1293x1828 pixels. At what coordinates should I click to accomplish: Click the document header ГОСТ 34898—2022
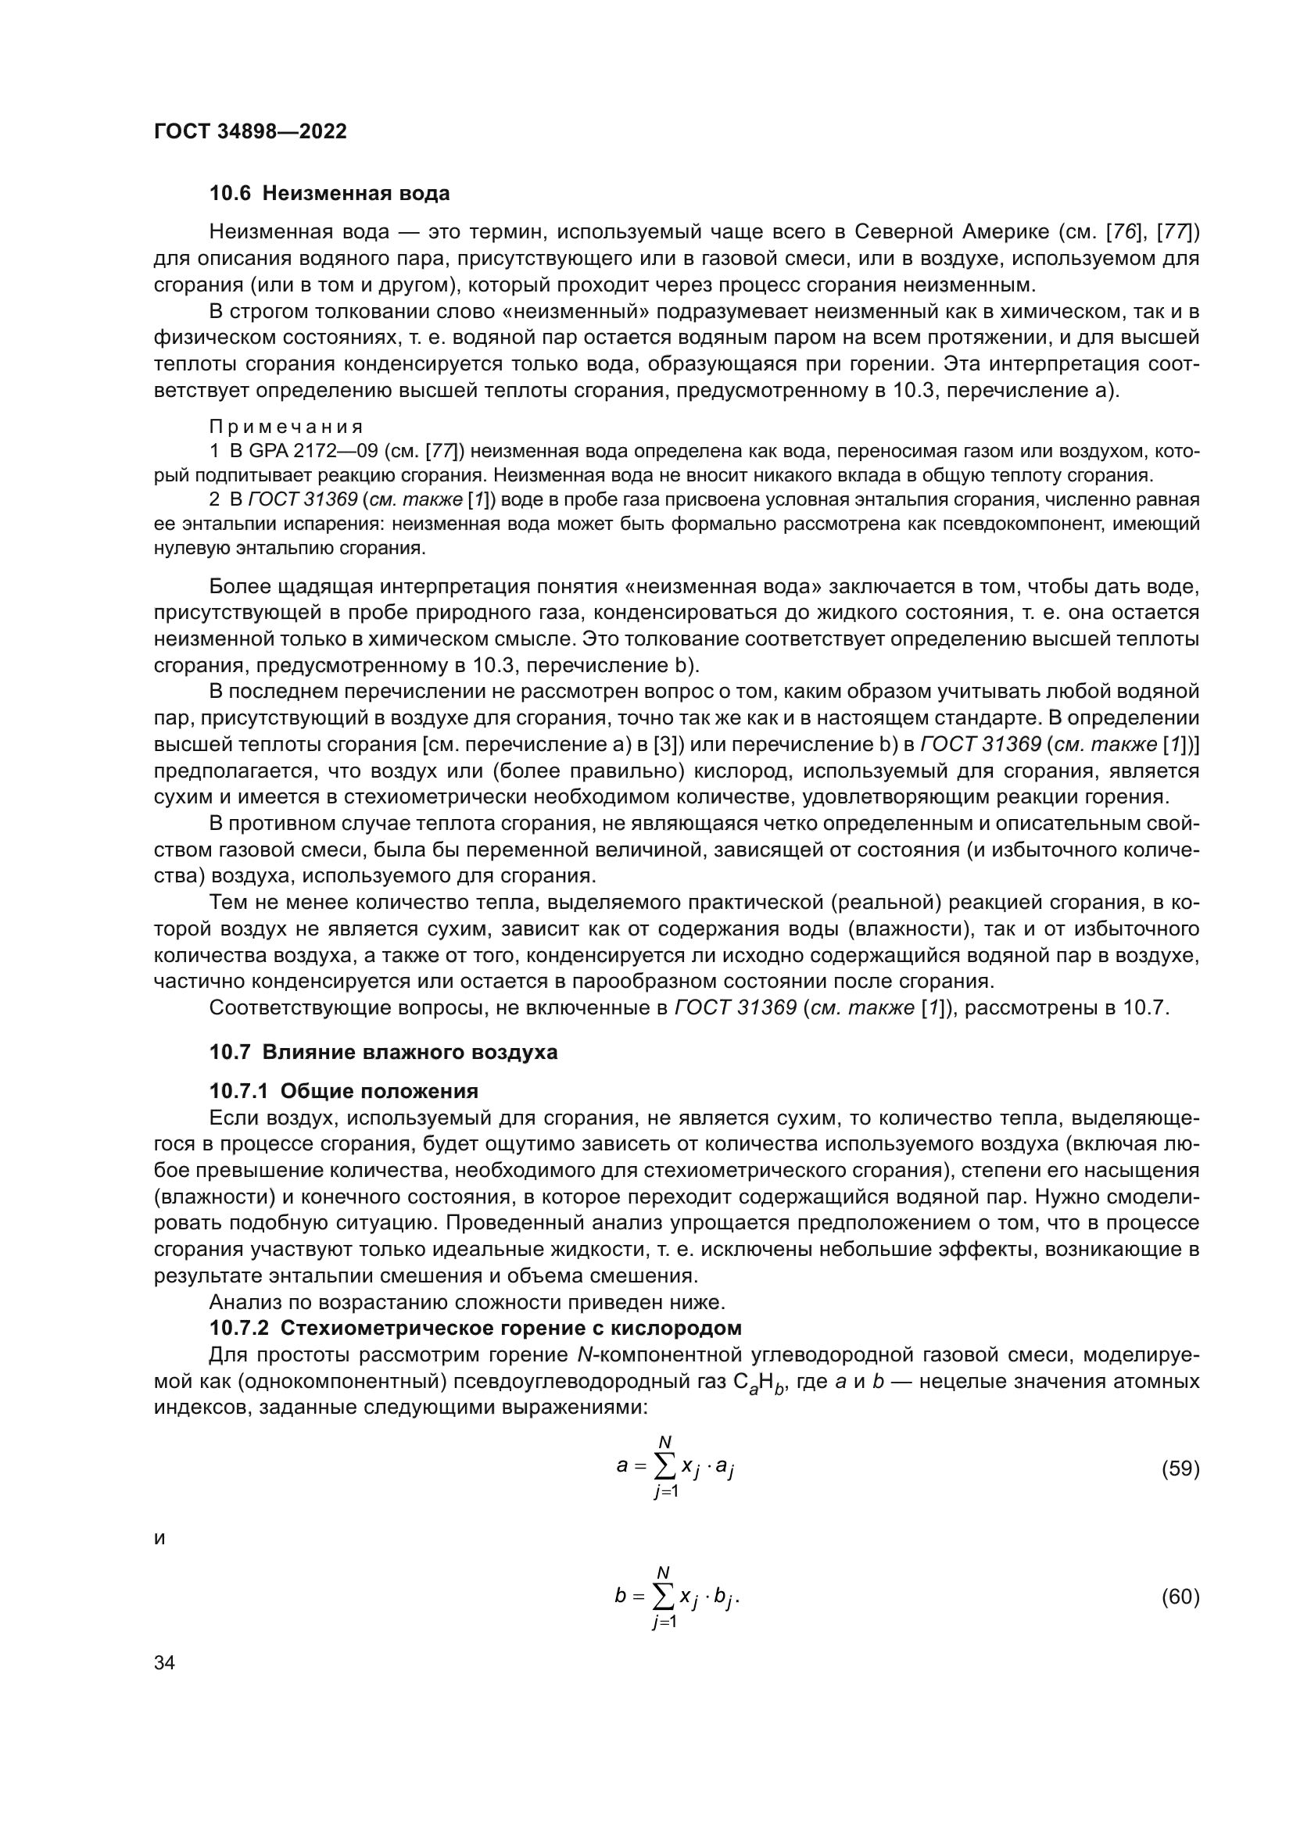(250, 131)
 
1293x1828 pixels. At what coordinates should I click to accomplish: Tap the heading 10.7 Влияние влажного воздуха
(383, 1052)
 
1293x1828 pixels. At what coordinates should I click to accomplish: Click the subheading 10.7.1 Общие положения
(343, 1091)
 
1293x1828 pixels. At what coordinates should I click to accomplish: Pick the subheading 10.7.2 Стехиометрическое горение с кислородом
(475, 1328)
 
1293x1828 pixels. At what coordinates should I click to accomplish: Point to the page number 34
(164, 1663)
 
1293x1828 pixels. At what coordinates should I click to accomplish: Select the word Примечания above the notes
(286, 427)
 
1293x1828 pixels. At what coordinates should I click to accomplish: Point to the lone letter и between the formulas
(159, 1539)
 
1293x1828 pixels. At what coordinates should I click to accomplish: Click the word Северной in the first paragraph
(903, 232)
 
